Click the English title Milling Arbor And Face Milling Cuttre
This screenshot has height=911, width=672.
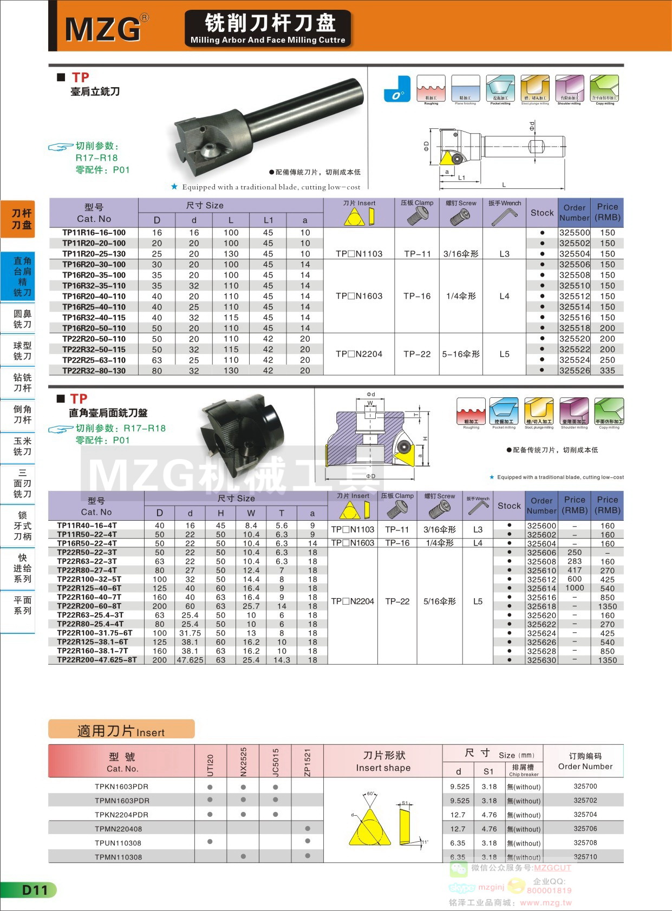point(268,40)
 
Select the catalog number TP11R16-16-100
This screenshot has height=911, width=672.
point(94,233)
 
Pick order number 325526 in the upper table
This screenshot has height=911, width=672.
point(574,371)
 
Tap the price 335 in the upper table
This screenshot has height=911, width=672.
point(607,371)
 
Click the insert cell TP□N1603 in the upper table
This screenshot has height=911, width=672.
point(358,296)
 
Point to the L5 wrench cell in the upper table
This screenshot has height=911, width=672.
point(504,354)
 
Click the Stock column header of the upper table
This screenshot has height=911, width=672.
point(541,213)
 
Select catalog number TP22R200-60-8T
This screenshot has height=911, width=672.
point(89,606)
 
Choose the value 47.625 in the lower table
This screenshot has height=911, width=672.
point(190,660)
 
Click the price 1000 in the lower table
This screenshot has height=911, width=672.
point(575,588)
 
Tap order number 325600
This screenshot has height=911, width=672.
point(541,526)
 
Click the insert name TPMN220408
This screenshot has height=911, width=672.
point(118,829)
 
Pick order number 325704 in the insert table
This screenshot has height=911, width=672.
point(585,815)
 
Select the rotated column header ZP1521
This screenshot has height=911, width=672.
point(307,762)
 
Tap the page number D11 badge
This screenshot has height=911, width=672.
point(34,890)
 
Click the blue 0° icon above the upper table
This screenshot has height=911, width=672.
point(397,89)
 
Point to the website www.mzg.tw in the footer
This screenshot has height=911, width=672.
point(545,902)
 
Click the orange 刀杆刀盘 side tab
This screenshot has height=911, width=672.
point(22,219)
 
